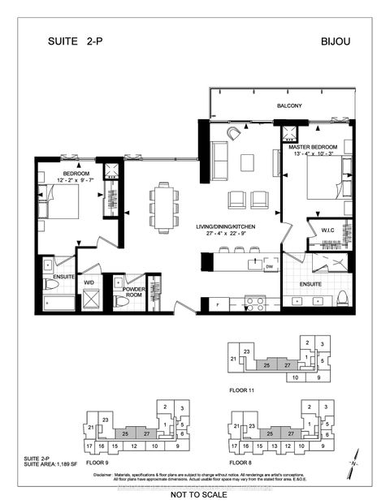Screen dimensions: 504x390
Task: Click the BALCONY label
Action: [288, 106]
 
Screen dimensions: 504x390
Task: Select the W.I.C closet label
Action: [328, 229]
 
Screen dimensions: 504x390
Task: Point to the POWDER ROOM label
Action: [134, 292]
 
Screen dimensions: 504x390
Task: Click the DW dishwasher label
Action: [270, 265]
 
